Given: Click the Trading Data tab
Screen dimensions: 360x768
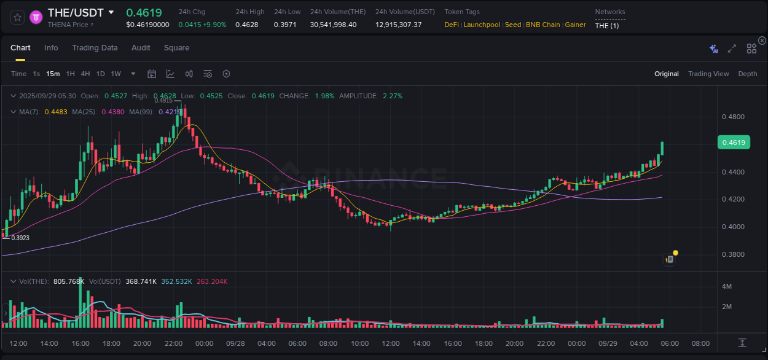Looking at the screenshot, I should point(95,48).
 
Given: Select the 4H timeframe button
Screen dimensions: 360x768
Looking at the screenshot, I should point(85,74).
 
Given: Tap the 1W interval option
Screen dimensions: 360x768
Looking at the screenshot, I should point(116,74).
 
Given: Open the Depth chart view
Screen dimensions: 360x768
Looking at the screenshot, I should point(747,74).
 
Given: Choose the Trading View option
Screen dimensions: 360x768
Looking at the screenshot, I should point(708,74).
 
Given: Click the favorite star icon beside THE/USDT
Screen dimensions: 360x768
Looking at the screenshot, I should point(17,17).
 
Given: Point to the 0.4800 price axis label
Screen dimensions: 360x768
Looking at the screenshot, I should point(733,117).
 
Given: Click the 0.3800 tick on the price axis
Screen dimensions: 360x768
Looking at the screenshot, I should point(733,254).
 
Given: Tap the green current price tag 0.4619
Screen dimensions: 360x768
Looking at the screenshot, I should point(733,143).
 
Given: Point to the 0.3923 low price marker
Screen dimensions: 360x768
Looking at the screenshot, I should point(20,238).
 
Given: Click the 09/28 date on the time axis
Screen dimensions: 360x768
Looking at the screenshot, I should point(235,343).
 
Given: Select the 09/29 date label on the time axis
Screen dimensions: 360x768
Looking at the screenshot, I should point(608,343).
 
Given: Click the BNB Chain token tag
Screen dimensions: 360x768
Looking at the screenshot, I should point(543,25).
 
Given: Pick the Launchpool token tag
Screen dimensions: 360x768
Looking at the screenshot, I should point(482,25).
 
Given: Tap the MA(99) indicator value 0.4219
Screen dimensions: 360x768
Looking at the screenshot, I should point(170,112).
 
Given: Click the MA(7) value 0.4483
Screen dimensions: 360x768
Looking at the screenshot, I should point(55,112).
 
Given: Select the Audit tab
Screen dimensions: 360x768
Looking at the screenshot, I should point(141,48).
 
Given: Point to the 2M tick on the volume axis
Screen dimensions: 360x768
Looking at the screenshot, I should point(726,307).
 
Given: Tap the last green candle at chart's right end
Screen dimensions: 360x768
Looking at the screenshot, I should point(662,149).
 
